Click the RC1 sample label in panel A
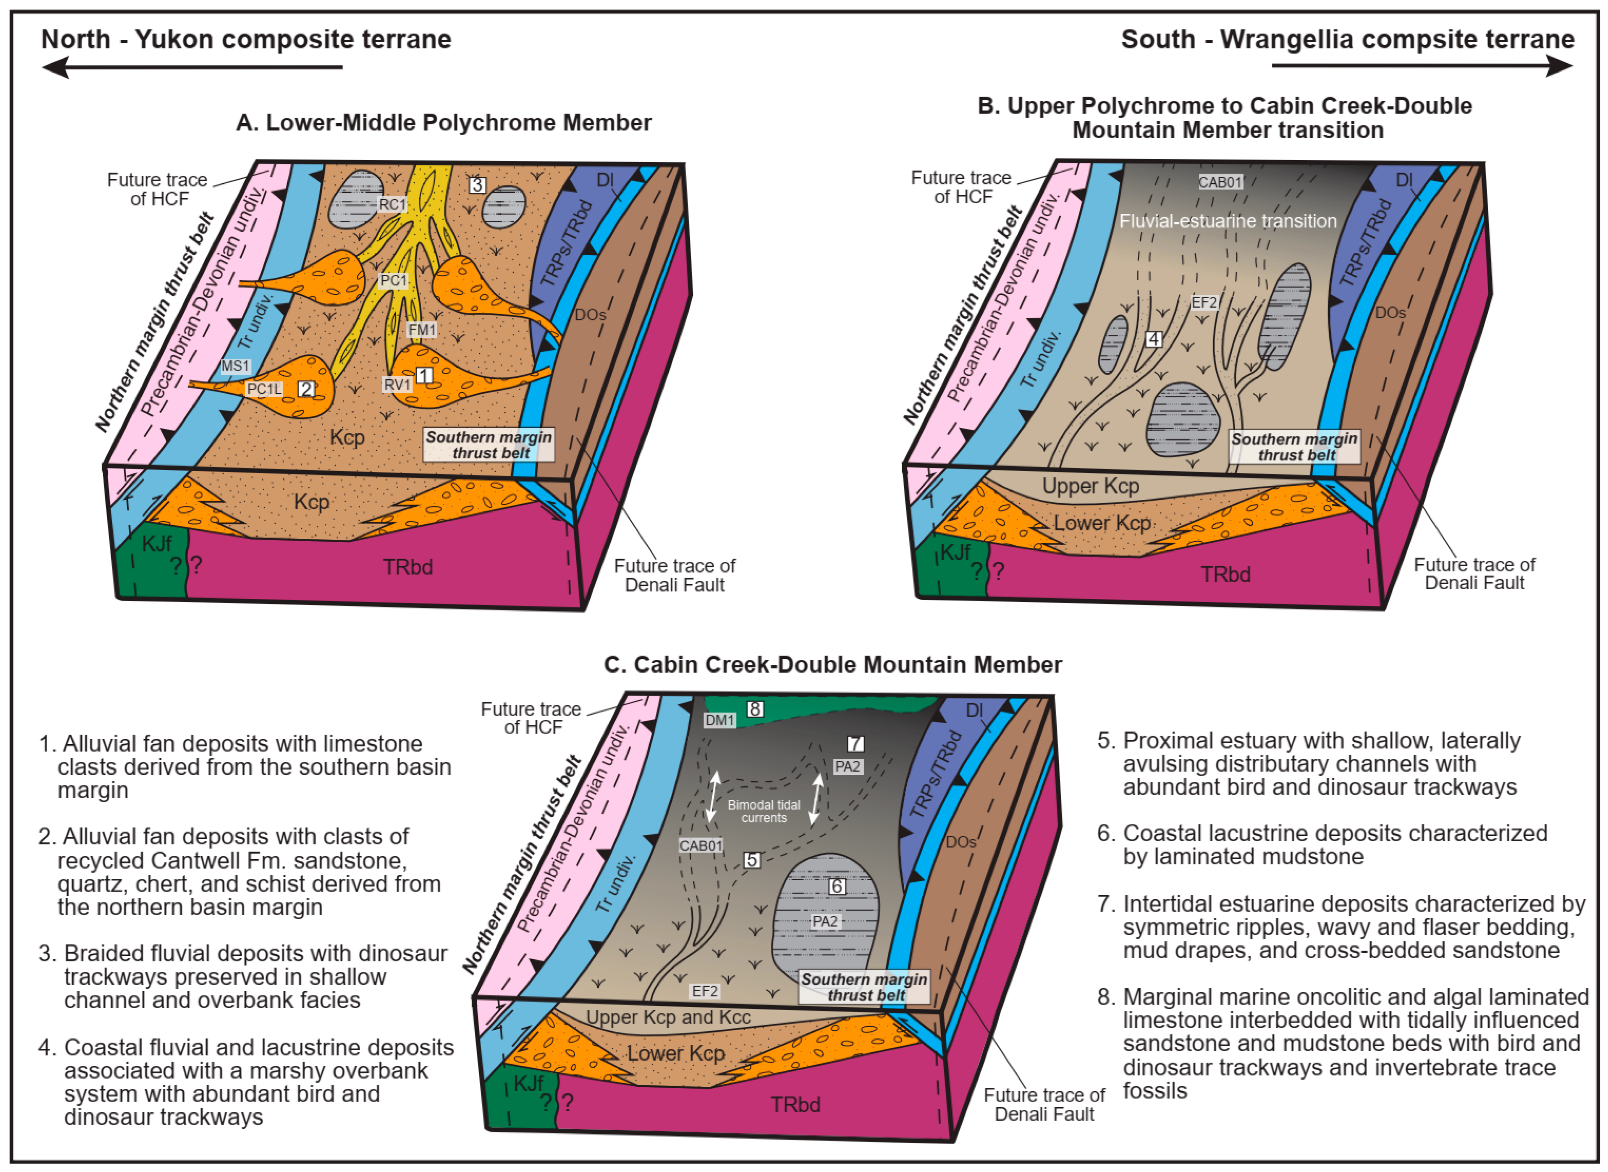(392, 204)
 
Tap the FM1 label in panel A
(422, 330)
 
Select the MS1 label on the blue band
(235, 366)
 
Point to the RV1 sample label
(397, 384)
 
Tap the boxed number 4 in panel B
(1154, 339)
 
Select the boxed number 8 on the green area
(755, 709)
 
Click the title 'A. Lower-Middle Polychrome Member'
(444, 123)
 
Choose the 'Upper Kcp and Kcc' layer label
(668, 1017)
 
